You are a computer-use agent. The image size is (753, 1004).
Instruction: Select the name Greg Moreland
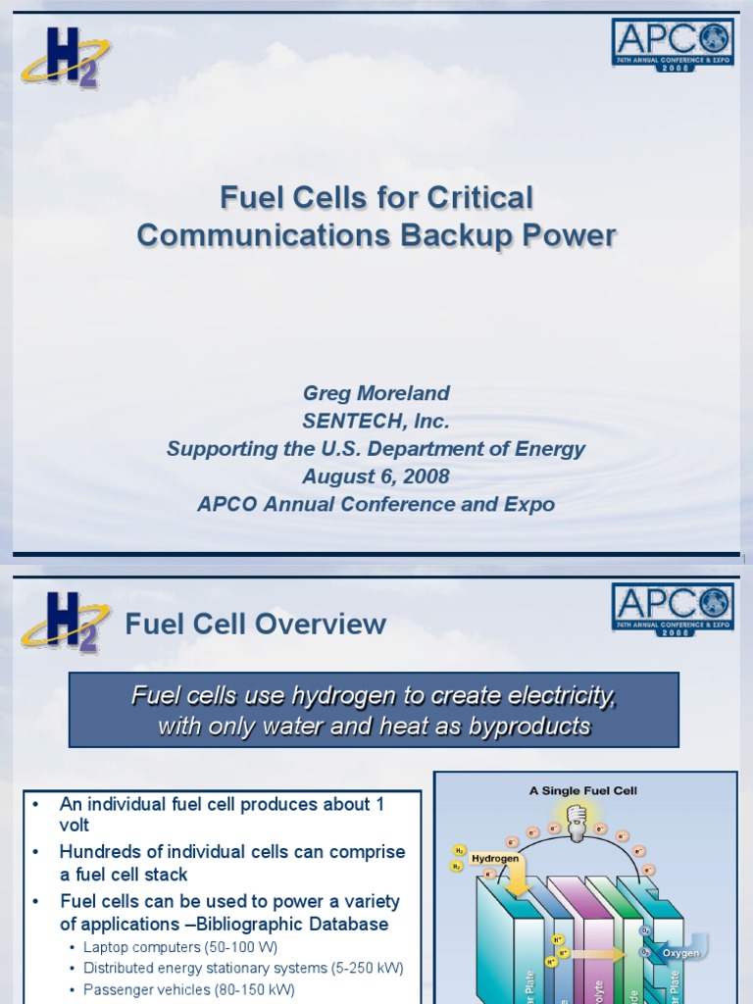(376, 393)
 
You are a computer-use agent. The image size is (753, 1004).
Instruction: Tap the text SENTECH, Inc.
(376, 421)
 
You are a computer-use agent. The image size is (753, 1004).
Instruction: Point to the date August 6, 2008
(376, 477)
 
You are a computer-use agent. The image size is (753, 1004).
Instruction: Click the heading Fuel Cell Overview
(256, 624)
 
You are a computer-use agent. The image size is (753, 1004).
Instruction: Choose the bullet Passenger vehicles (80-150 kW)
(188, 990)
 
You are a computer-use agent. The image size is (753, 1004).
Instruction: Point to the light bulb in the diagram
(577, 817)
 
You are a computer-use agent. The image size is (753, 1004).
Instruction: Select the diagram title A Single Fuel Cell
(583, 790)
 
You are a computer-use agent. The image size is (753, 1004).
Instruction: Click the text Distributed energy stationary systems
(205, 969)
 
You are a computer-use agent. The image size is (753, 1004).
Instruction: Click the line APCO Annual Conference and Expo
(376, 504)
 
